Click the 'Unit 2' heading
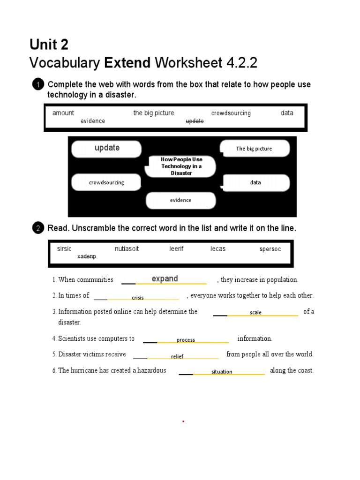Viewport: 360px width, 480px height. [x=49, y=45]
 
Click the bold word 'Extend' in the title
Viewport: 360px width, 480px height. [x=127, y=63]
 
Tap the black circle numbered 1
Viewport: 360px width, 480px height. [x=38, y=85]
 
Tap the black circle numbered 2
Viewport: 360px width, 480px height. [x=38, y=228]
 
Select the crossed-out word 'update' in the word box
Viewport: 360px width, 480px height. [x=195, y=121]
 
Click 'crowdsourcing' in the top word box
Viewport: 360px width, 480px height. [x=231, y=113]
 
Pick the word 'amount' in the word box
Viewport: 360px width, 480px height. [x=63, y=113]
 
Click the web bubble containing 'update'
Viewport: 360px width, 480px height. [x=106, y=149]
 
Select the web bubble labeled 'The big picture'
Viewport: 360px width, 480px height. [x=255, y=149]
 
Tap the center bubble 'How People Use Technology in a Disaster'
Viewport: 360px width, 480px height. [x=181, y=166]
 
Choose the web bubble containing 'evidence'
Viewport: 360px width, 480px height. [x=181, y=200]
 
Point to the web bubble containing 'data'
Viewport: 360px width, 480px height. [x=256, y=182]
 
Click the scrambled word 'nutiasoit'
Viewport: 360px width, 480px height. [x=127, y=249]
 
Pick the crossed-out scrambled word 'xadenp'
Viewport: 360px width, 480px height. [x=87, y=256]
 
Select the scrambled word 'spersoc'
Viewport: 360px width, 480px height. [x=270, y=249]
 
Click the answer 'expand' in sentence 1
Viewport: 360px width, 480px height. [x=165, y=279]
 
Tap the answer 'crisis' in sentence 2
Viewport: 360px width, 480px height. [x=138, y=298]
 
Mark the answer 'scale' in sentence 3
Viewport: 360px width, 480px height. [x=255, y=313]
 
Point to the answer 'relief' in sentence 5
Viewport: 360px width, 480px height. [x=177, y=357]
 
